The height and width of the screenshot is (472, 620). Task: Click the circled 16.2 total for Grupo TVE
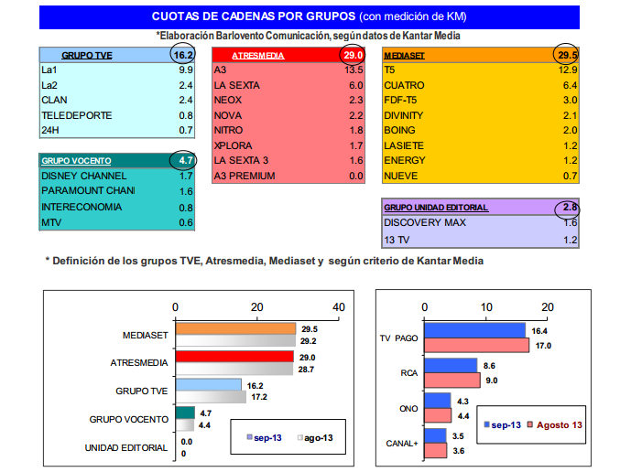(x=184, y=55)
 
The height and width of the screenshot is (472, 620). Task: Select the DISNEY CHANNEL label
(x=84, y=175)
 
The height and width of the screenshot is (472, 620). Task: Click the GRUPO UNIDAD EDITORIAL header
(x=436, y=208)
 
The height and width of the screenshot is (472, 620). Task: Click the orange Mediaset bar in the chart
(x=235, y=329)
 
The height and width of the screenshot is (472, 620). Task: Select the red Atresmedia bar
(x=234, y=357)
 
